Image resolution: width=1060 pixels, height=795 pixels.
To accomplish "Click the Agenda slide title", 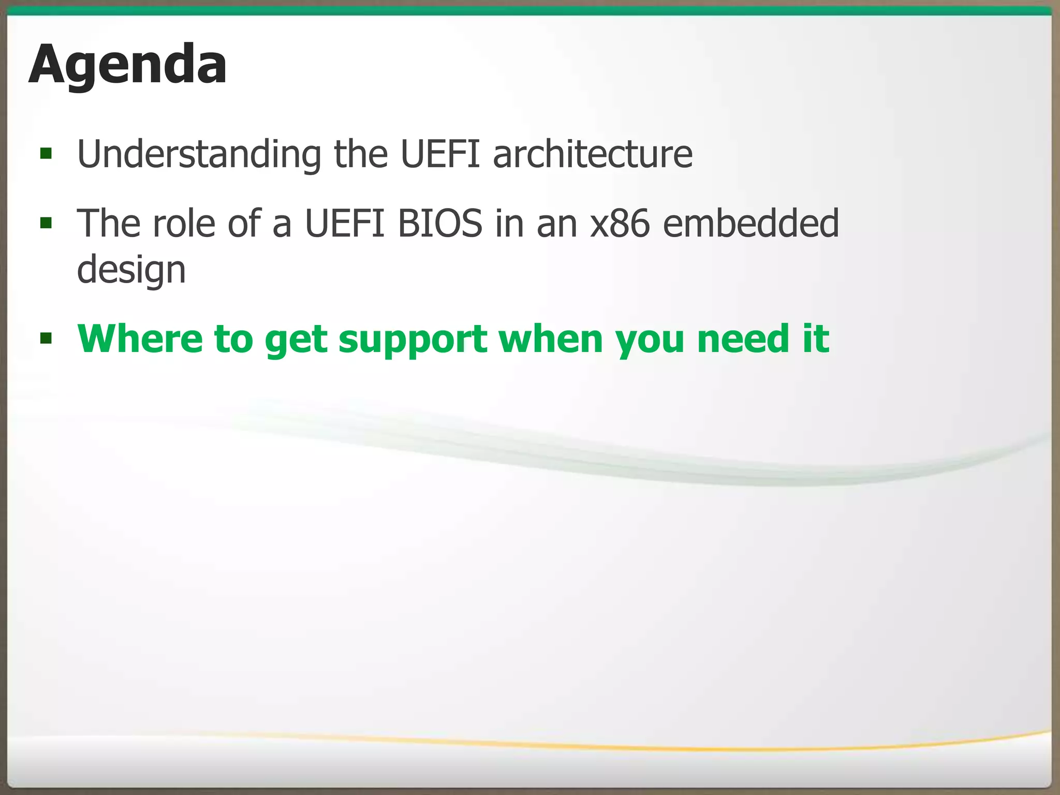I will (127, 65).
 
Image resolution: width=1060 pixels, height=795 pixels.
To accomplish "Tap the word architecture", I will (592, 154).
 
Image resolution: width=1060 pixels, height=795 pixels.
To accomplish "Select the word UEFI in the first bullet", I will (440, 154).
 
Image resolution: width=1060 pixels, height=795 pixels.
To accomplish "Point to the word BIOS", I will (440, 224).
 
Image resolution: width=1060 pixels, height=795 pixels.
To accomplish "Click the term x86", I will (620, 224).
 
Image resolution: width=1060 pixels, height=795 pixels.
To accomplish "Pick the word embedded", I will (750, 224).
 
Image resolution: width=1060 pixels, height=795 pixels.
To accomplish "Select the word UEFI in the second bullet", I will (345, 224).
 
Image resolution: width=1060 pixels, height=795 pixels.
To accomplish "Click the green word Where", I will (140, 339).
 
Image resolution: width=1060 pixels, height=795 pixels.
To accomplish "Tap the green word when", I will (551, 339).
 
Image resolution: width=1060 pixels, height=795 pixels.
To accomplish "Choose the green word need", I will (744, 339).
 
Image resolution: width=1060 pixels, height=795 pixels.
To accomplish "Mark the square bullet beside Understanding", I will (46, 153).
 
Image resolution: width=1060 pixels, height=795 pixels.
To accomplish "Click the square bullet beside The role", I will (46, 223).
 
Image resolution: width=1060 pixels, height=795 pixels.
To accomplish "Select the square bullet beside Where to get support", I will (46, 339).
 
